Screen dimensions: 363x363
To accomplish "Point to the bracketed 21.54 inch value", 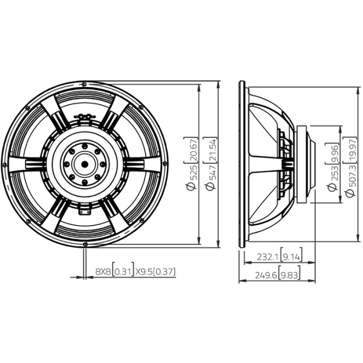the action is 211,150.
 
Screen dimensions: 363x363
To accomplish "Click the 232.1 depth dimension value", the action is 268,257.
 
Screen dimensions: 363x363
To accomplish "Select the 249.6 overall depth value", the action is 266,275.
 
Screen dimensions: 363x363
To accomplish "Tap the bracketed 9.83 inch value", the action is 290,275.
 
